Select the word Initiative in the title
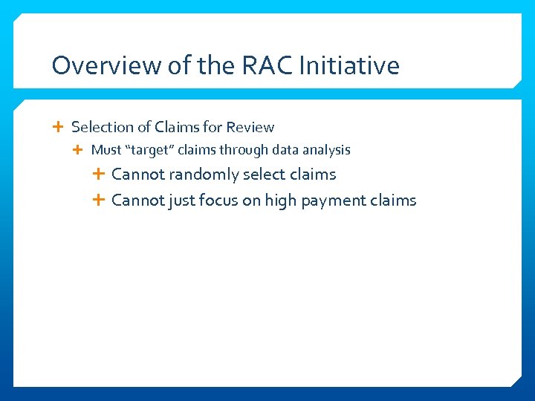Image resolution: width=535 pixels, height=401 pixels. (349, 65)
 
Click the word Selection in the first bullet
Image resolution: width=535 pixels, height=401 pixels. (100, 127)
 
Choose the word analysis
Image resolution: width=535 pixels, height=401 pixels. (325, 150)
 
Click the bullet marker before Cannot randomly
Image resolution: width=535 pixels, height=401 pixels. (98, 175)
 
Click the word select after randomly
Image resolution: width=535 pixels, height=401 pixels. (262, 175)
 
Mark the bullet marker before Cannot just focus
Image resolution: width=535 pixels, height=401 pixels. (98, 200)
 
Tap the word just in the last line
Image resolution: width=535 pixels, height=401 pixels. (183, 200)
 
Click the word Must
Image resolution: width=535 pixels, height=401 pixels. (106, 150)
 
